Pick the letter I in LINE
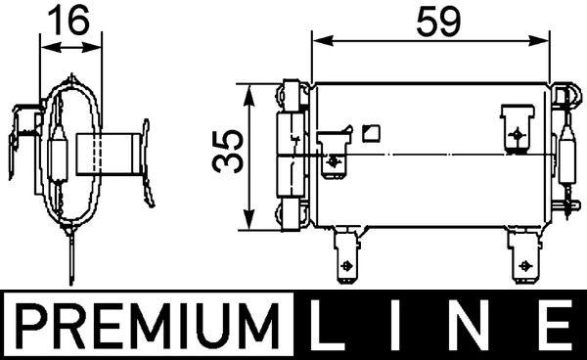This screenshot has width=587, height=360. (x=404, y=324)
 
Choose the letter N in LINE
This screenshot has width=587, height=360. (x=476, y=324)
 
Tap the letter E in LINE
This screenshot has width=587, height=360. (x=554, y=324)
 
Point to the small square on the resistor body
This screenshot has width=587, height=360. (x=369, y=132)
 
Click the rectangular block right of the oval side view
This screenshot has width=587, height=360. (x=115, y=153)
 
